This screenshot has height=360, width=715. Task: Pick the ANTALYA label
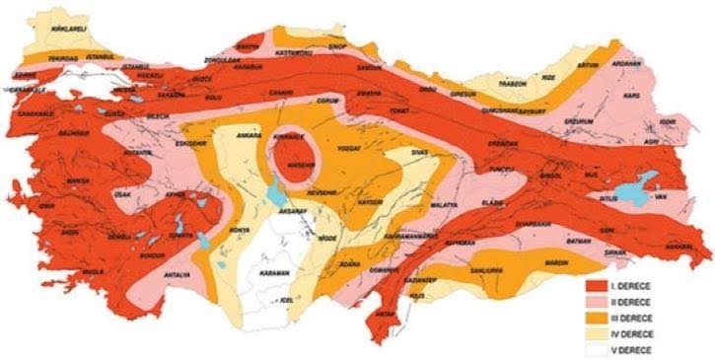[179, 273]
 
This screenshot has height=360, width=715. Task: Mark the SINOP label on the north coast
[337, 46]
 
